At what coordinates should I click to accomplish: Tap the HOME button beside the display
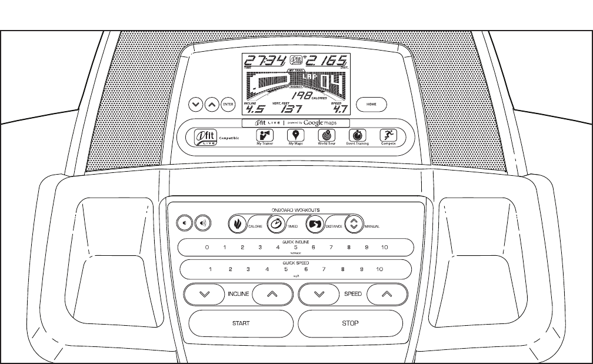point(372,104)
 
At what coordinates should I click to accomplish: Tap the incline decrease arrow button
point(204,294)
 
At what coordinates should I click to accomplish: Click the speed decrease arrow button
point(319,294)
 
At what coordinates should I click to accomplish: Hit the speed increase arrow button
point(386,294)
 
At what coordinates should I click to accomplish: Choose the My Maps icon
point(295,135)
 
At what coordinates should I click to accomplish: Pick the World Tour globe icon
point(327,135)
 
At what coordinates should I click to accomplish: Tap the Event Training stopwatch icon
point(357,135)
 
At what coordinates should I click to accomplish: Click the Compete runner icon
point(387,135)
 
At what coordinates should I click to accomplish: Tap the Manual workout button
point(353,224)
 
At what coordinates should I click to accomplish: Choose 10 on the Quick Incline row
point(385,248)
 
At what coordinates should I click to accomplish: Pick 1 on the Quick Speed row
point(209,269)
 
